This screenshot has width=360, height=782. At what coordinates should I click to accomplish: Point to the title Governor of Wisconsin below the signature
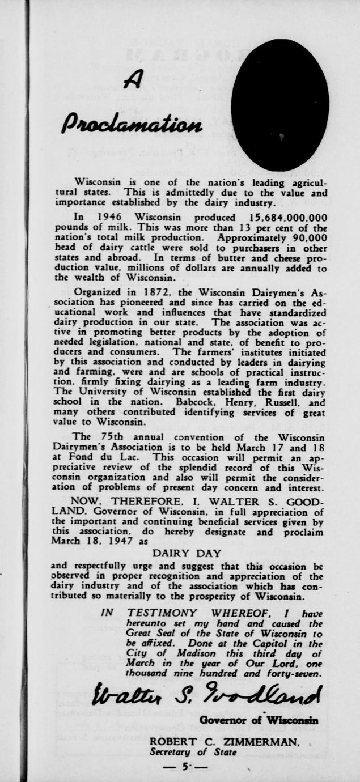pyautogui.click(x=259, y=720)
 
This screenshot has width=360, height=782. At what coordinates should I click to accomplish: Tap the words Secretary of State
pyautogui.click(x=193, y=752)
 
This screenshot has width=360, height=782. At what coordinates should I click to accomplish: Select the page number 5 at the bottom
pyautogui.click(x=184, y=766)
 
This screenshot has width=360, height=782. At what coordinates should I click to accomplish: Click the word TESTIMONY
pyautogui.click(x=162, y=613)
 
